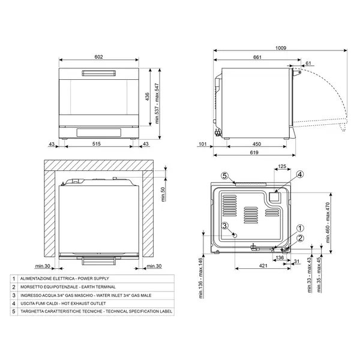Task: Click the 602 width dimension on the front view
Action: [98, 57]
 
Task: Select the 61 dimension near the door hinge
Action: [308, 63]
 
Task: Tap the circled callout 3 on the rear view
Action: [224, 226]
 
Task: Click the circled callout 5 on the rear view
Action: [224, 176]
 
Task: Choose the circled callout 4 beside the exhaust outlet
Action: [299, 175]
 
